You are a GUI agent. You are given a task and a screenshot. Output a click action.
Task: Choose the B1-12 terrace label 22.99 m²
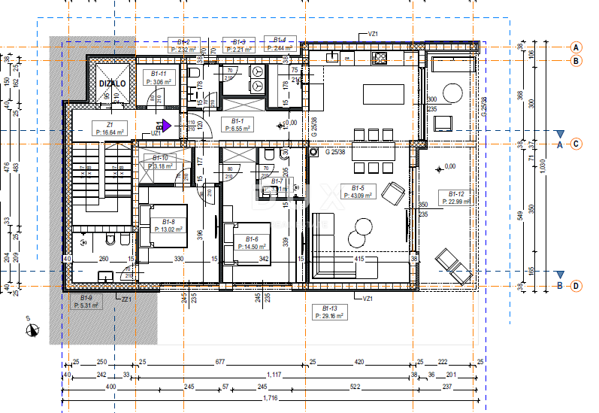click(457, 198)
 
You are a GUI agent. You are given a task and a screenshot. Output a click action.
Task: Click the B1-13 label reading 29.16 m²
click(328, 313)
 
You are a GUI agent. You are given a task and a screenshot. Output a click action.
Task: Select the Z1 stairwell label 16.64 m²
click(110, 129)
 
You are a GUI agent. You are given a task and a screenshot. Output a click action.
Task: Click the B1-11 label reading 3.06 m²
click(158, 77)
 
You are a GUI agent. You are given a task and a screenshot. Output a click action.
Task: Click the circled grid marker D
click(576, 286)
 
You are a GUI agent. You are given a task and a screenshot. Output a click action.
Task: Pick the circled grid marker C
click(576, 144)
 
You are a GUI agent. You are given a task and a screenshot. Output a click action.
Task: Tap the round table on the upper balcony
click(452, 93)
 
